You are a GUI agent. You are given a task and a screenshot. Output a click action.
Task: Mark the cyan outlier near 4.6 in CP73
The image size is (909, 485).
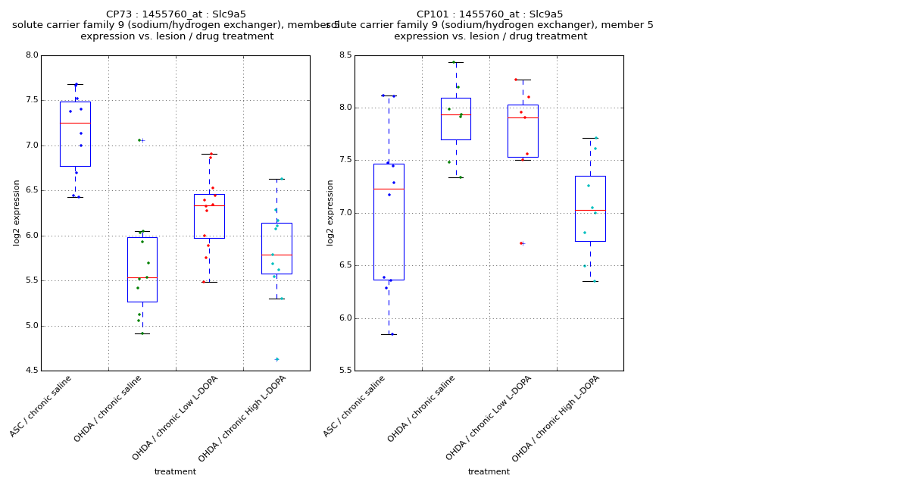point(276,359)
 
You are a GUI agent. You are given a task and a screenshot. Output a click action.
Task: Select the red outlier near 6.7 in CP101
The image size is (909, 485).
point(521,243)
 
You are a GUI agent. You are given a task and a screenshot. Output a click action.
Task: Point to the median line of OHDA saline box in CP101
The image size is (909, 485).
point(456,115)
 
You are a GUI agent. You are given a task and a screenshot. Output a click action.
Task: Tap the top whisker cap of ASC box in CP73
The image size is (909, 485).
point(75,84)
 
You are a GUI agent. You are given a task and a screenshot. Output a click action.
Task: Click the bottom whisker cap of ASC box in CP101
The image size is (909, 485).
point(389,334)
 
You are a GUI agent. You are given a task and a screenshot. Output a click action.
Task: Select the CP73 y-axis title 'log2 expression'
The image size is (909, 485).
point(17,212)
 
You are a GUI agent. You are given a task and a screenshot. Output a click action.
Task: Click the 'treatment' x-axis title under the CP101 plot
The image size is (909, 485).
point(489,472)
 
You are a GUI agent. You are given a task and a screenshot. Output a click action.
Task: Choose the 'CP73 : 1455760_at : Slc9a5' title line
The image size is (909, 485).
point(176,14)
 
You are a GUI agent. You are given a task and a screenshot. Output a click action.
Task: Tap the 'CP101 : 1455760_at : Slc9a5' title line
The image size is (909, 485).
point(489,14)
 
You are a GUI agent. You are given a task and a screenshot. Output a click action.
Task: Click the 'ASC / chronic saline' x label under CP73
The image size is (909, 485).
point(42,405)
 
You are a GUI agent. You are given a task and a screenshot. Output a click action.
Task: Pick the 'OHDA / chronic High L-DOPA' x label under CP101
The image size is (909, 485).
point(557,418)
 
